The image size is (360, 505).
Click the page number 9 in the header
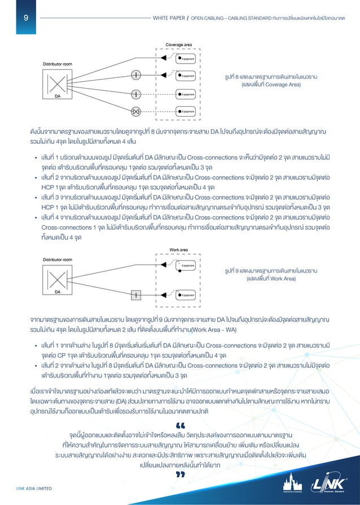[x=25, y=17]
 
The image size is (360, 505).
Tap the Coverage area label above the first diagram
[x=178, y=45]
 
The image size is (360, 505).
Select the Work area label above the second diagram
[x=178, y=249]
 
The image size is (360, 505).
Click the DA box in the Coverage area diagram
[x=58, y=86]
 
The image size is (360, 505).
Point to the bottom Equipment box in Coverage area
[x=186, y=111]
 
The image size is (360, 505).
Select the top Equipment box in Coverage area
[x=186, y=58]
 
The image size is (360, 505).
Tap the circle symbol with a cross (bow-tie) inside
[x=135, y=111]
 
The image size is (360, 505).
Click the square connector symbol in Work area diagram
[x=135, y=295]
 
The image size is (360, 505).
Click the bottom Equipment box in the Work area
[x=186, y=295]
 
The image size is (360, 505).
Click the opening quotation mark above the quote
[x=181, y=424]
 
